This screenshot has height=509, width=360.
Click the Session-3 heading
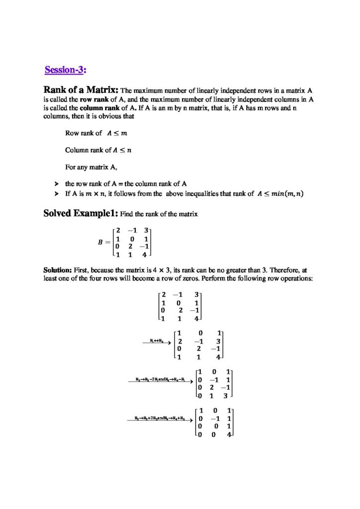coord(66,70)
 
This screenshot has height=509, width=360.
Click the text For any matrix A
coord(89,167)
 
